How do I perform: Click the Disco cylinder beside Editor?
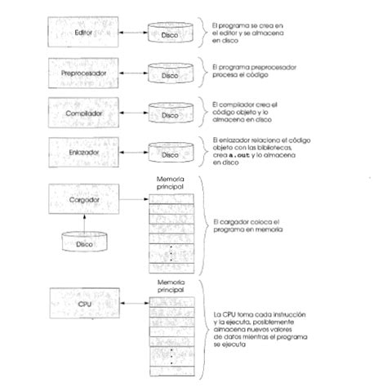pos(170,35)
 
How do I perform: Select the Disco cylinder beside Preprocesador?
pos(170,74)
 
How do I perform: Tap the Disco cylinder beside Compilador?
pos(170,115)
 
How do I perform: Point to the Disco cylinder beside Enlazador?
pos(170,153)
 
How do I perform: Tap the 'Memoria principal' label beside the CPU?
pos(170,286)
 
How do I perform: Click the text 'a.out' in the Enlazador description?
pos(238,155)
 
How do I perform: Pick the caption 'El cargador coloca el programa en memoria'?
pos(247,225)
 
